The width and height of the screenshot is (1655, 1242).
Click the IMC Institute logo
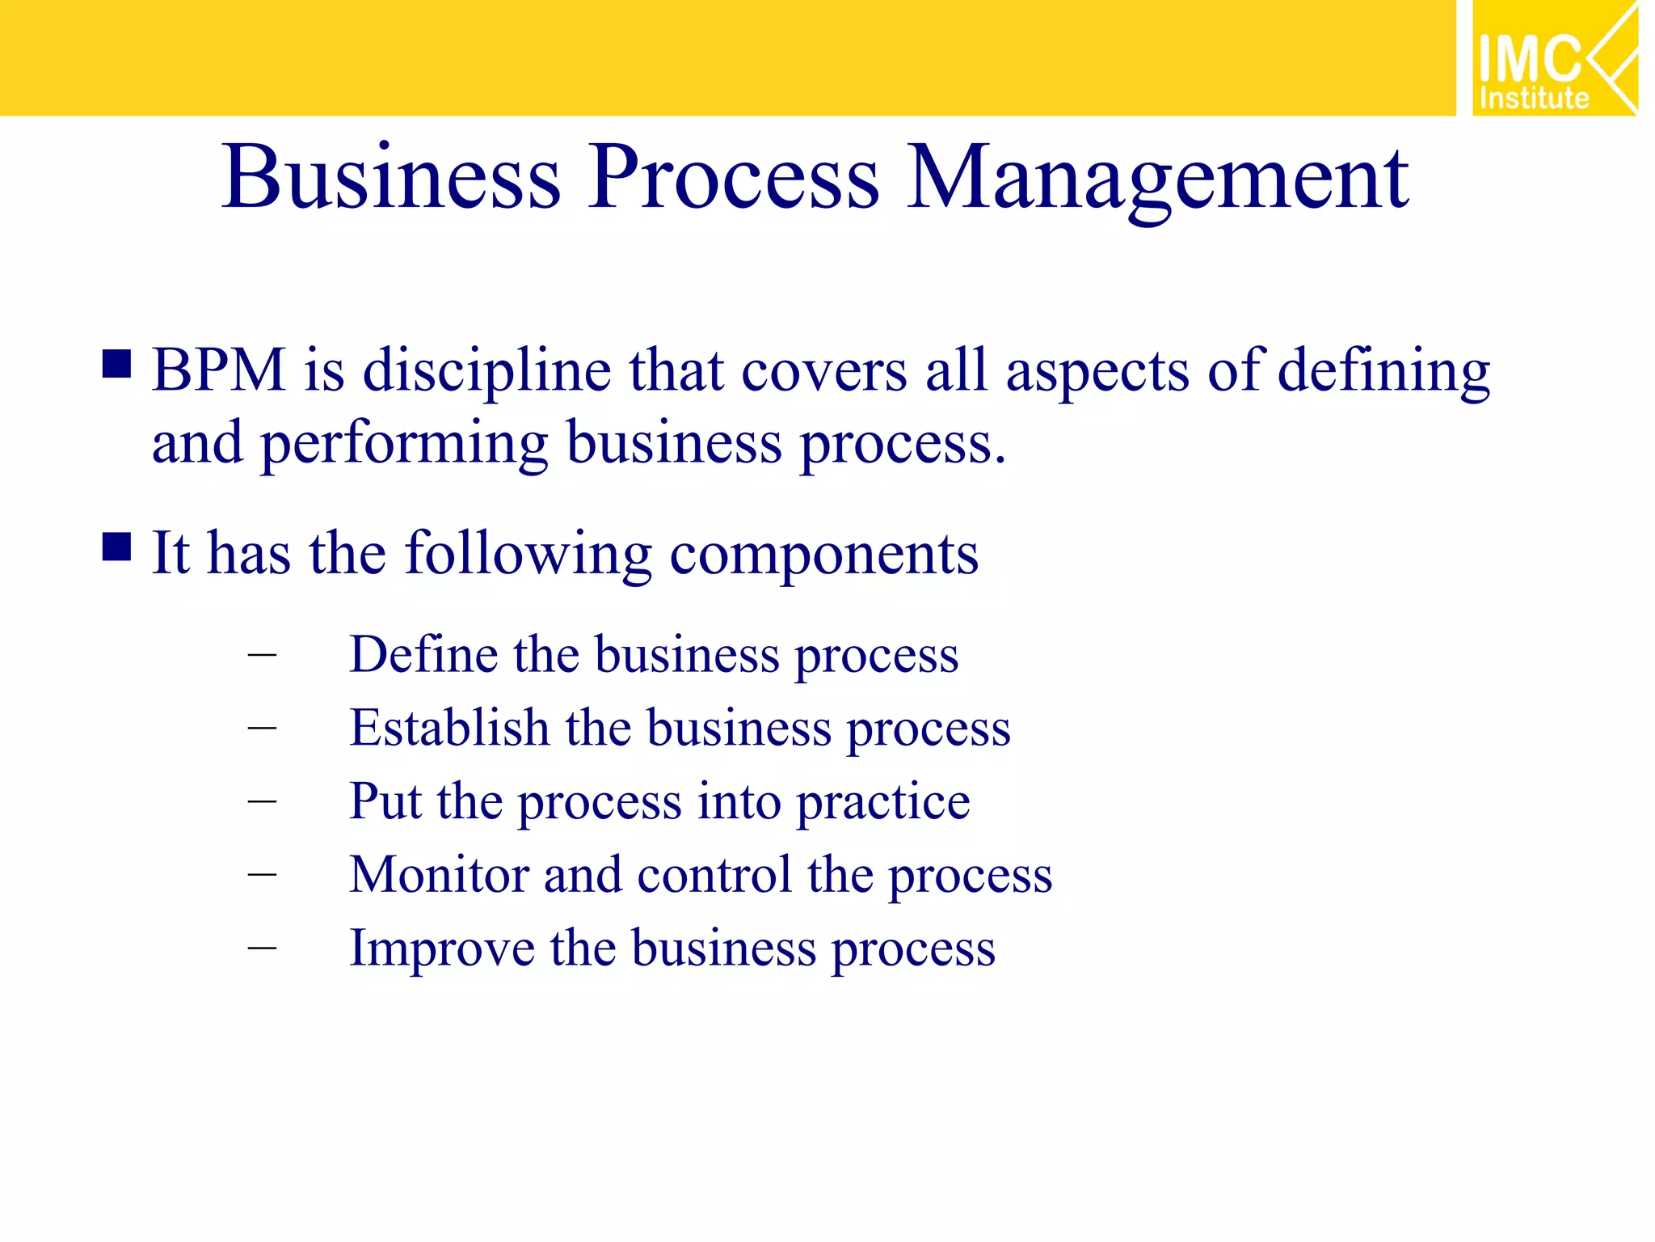tap(1554, 58)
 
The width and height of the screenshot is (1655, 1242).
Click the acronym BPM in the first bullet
tap(218, 370)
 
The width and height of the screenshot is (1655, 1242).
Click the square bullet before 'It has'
tap(117, 547)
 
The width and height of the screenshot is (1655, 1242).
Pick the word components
tap(824, 556)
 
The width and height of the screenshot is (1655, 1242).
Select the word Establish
tap(449, 727)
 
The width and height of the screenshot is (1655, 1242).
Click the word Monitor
tap(439, 874)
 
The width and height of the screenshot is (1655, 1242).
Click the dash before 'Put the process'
tap(262, 801)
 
